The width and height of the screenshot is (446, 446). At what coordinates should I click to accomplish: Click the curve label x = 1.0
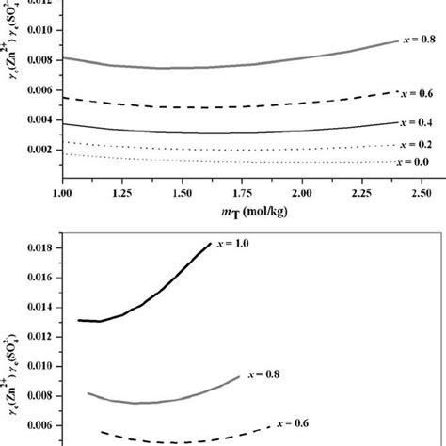point(237,246)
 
